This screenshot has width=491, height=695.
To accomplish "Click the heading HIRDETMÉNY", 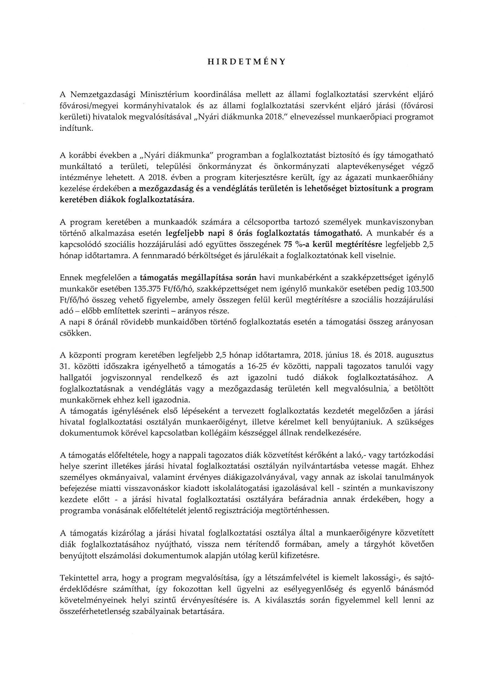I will coord(246,62).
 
